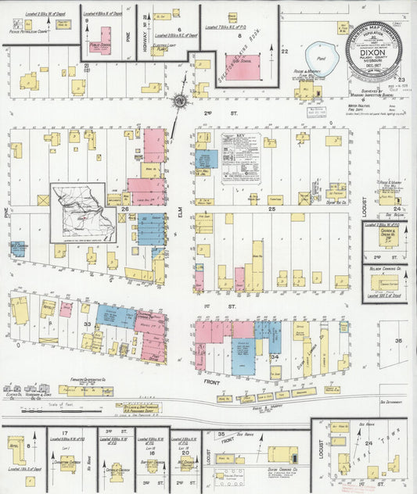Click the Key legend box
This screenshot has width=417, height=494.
(240, 156)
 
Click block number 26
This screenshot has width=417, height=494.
(124, 209)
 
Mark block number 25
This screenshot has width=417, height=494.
(272, 209)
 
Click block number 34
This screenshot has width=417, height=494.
(273, 356)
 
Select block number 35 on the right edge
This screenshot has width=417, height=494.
(398, 341)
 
